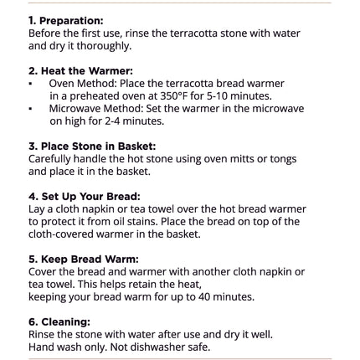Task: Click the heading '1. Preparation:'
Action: click(x=66, y=21)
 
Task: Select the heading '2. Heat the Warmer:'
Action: click(x=80, y=71)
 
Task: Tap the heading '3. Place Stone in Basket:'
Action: click(x=92, y=147)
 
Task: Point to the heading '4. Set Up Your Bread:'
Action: click(x=85, y=197)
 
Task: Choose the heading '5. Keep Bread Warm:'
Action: click(x=84, y=260)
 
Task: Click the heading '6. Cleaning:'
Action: click(x=59, y=322)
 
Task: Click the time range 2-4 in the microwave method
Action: click(x=112, y=121)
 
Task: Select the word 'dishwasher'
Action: click(x=158, y=347)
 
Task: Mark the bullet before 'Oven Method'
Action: click(x=30, y=84)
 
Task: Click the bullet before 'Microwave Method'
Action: click(x=30, y=109)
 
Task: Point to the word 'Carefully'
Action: click(x=49, y=159)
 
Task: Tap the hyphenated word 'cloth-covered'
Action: click(x=61, y=234)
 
